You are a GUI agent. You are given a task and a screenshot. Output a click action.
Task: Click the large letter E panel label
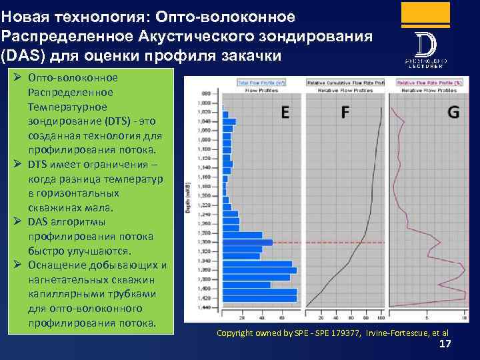tap(285, 113)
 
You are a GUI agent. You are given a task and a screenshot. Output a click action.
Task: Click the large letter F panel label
tap(344, 113)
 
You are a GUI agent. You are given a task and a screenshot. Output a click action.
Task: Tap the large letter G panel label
tap(453, 113)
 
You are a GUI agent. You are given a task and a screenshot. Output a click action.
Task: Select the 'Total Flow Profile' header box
tap(261, 83)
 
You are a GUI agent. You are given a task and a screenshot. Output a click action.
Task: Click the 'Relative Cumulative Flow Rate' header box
tap(345, 83)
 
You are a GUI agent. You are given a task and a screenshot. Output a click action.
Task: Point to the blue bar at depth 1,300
tap(247, 242)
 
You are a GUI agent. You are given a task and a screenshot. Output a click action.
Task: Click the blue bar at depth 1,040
tap(228, 121)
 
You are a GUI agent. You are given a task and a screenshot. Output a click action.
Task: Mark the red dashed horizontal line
tap(327, 242)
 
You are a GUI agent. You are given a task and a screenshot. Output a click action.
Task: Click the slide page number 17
tap(445, 343)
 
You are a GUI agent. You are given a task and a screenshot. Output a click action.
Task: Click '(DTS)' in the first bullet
tap(119, 121)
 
